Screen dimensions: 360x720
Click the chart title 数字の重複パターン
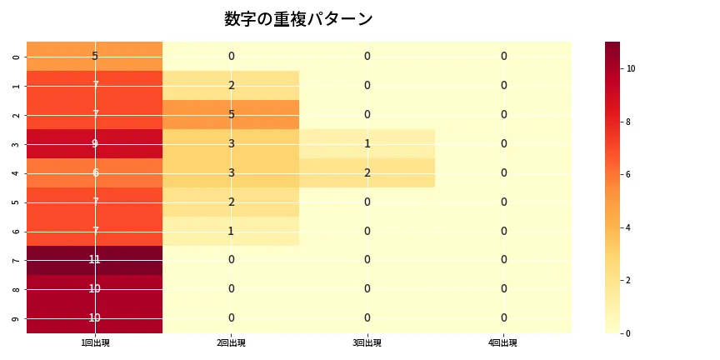click(x=298, y=19)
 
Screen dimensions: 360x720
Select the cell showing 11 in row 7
click(x=95, y=260)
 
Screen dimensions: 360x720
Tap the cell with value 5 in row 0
click(x=95, y=56)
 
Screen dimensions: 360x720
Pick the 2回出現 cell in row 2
click(x=231, y=114)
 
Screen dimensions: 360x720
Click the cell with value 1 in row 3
click(x=367, y=143)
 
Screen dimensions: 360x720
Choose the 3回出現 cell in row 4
click(x=367, y=172)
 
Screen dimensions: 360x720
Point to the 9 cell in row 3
click(x=95, y=143)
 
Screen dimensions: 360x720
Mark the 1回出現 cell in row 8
click(x=95, y=289)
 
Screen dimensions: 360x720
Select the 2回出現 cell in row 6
click(x=231, y=231)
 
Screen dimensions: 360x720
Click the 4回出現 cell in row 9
click(x=503, y=318)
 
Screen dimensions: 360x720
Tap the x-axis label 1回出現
click(x=95, y=343)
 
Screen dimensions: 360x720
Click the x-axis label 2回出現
click(x=231, y=343)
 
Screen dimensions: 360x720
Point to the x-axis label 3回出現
click(x=367, y=343)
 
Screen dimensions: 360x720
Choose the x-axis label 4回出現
click(x=503, y=343)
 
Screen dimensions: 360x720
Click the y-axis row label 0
click(x=16, y=57)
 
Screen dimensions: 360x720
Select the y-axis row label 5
click(x=16, y=202)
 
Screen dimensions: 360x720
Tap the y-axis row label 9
click(x=16, y=318)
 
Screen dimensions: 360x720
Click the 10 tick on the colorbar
click(x=631, y=68)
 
